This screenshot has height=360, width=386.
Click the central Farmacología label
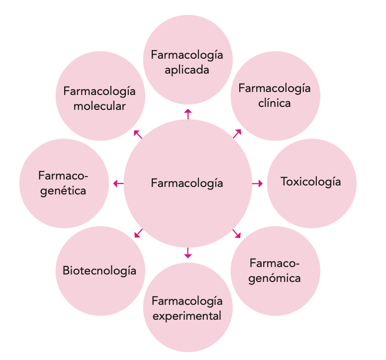click(187, 183)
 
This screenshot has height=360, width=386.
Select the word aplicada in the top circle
click(187, 70)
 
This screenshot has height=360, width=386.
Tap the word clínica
click(275, 104)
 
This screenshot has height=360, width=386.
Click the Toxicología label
click(311, 181)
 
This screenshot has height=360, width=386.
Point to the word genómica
click(275, 278)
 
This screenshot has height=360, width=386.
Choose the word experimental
click(187, 316)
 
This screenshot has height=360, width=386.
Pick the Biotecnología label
click(99, 270)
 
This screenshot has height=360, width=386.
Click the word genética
click(63, 190)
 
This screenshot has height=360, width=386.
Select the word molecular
click(99, 106)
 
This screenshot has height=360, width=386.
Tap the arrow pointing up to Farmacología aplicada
click(188, 114)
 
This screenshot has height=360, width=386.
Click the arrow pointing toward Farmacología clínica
click(237, 133)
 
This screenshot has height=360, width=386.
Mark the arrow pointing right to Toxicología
click(257, 183)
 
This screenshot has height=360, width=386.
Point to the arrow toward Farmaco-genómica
click(237, 233)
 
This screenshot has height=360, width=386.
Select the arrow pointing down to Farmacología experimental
click(188, 253)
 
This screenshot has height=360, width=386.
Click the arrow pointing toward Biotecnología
click(139, 233)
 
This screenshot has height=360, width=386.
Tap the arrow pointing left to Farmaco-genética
click(118, 183)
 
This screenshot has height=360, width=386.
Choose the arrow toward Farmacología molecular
click(138, 134)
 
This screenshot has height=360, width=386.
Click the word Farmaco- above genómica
click(275, 263)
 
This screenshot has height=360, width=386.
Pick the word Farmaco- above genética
click(63, 176)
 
